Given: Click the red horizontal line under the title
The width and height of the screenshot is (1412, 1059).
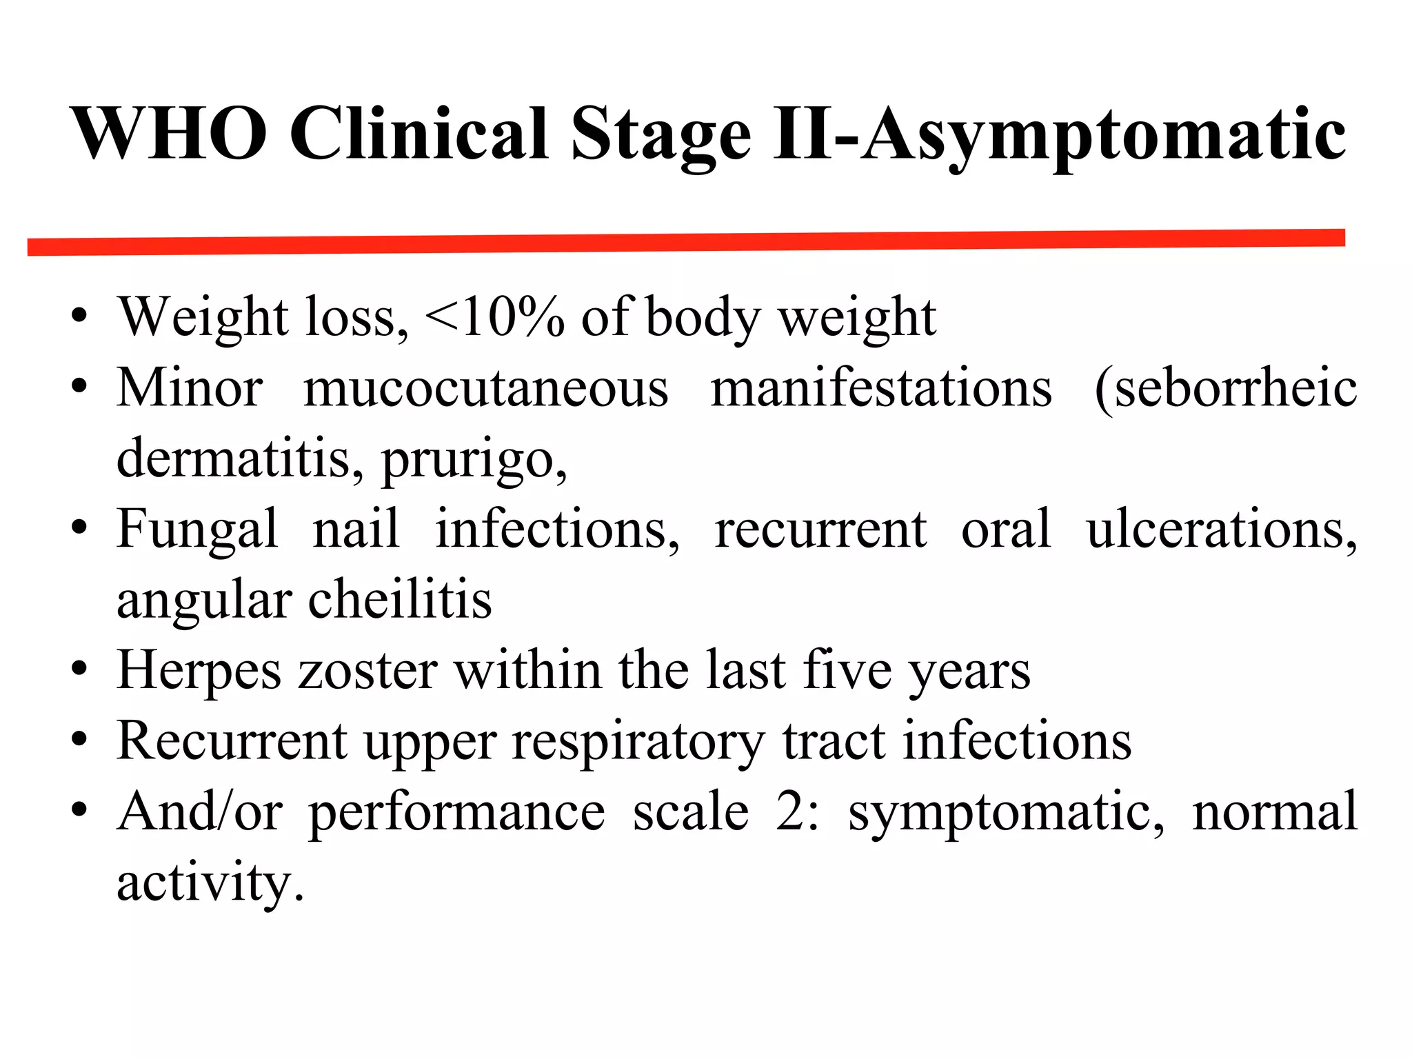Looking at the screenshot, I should (x=686, y=242).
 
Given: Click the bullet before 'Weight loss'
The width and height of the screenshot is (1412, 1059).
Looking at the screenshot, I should (x=80, y=318).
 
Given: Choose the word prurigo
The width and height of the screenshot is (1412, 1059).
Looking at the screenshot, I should (x=474, y=461).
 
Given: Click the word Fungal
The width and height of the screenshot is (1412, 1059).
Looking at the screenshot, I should (x=197, y=530).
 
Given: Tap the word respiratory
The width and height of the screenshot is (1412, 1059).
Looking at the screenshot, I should (x=638, y=743).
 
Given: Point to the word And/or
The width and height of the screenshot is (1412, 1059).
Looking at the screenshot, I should (x=199, y=812).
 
